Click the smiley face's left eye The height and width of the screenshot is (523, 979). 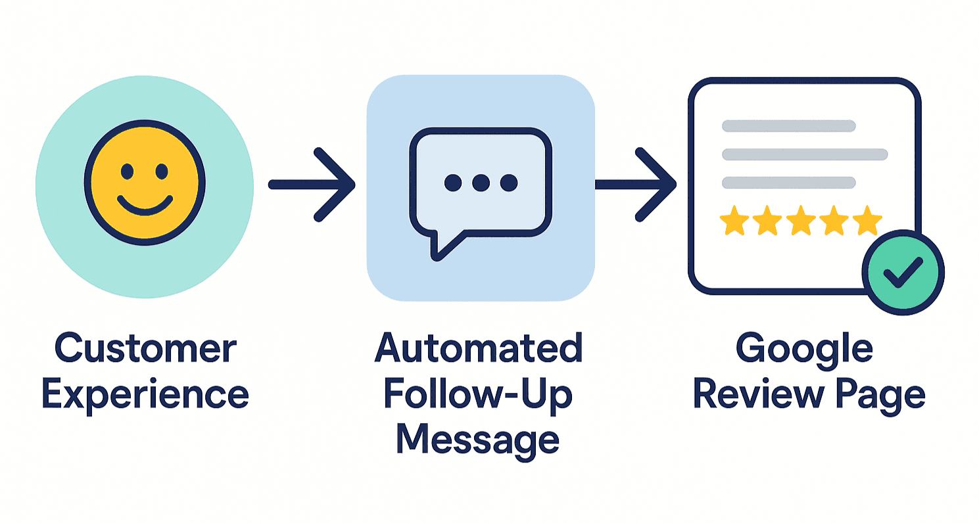[128, 172]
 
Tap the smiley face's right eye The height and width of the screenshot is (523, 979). [161, 172]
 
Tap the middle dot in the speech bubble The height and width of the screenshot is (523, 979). [481, 183]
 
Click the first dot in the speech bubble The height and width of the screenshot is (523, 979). [452, 183]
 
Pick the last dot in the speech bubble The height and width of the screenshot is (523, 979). [508, 183]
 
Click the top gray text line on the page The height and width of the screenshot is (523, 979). [788, 125]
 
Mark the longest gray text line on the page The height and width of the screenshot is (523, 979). [805, 154]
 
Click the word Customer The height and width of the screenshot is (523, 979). [145, 349]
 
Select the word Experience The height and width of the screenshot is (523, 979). [145, 395]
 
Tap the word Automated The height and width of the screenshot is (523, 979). [479, 349]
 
